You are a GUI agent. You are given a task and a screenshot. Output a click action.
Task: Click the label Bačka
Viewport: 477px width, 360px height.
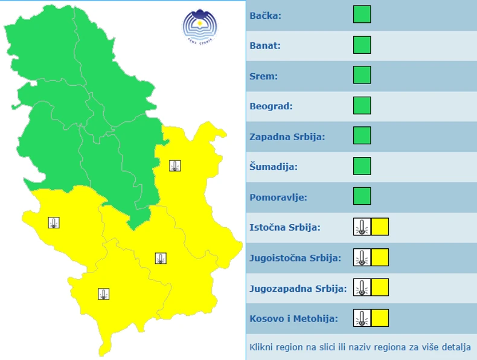tap(266, 15)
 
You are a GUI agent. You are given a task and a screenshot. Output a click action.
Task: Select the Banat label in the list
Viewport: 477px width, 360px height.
tap(265, 45)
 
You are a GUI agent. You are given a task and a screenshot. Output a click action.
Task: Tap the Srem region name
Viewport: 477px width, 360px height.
tap(263, 76)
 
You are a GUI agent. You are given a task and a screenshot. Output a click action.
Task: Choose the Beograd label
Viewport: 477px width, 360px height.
tap(271, 106)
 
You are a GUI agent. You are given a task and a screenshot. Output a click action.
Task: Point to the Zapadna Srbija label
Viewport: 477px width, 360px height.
tap(287, 137)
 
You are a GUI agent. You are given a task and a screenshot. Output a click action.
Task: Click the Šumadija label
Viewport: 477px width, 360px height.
tap(274, 167)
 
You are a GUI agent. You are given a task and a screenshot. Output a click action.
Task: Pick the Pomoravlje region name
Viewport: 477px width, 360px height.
tap(278, 197)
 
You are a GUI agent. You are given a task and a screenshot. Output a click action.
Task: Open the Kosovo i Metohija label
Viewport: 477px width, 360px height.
tap(293, 318)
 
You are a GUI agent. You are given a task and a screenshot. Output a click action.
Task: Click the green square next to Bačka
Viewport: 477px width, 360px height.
tap(362, 14)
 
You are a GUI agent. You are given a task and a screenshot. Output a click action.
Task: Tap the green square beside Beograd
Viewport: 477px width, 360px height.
tap(362, 105)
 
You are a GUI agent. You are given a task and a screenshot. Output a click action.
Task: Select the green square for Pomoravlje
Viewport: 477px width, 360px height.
tap(362, 196)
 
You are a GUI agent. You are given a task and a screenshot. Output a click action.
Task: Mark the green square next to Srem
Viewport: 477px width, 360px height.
tap(362, 75)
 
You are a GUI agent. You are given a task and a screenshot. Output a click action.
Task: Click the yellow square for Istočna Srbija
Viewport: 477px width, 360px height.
tap(380, 227)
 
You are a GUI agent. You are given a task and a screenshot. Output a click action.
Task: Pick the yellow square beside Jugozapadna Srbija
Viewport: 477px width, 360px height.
tap(380, 288)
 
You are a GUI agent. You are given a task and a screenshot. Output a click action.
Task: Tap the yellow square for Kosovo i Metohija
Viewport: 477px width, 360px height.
tap(380, 318)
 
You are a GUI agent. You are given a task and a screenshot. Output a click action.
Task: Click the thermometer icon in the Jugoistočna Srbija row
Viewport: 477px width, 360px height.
tap(362, 257)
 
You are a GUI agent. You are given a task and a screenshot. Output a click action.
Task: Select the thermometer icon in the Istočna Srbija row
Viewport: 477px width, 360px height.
tap(362, 227)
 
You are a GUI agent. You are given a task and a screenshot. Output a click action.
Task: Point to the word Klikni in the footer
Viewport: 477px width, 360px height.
tap(261, 348)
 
